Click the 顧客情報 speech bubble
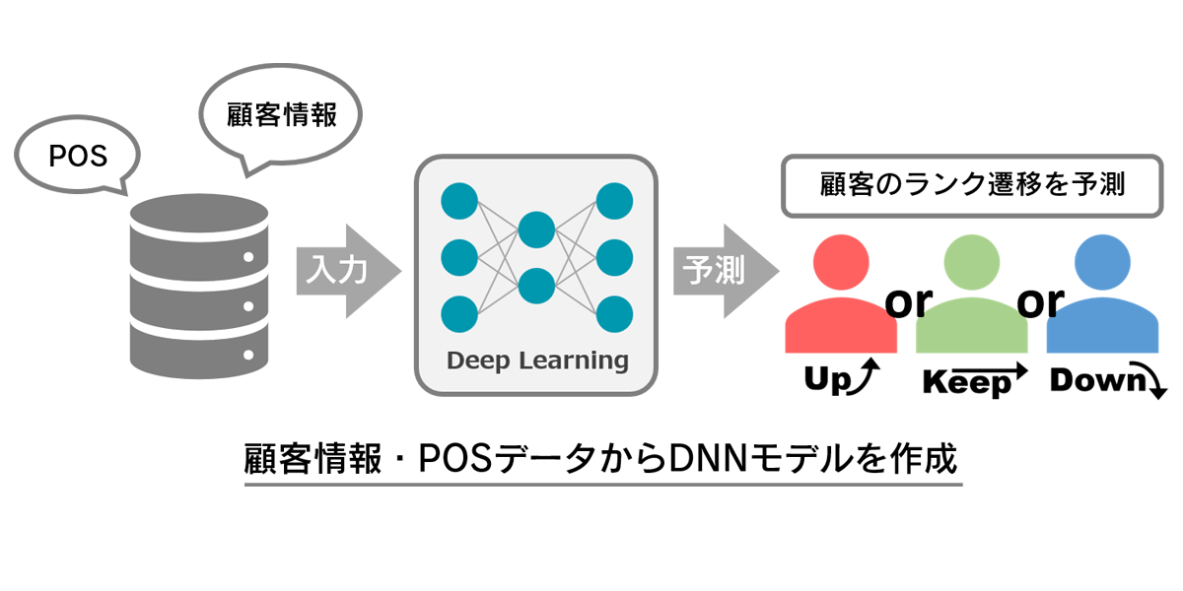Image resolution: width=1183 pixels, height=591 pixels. [x=281, y=114]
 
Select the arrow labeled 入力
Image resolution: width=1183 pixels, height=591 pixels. [x=346, y=271]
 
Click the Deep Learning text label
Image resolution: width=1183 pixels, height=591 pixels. [x=537, y=361]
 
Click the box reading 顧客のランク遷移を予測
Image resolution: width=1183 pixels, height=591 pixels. [x=972, y=185]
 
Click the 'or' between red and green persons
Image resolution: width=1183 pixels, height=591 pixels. [x=907, y=301]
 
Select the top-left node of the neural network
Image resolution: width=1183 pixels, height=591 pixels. [x=458, y=202]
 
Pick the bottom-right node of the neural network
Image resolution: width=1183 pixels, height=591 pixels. [x=613, y=313]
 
